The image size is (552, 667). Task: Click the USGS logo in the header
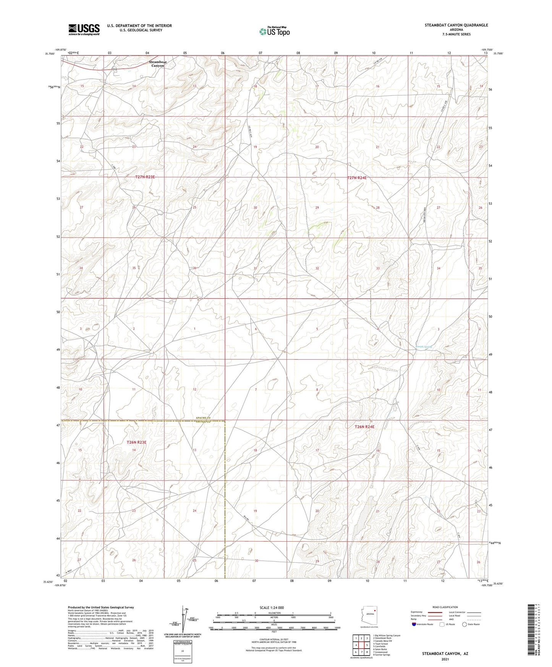pos(84,29)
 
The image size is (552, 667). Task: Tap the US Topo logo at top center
pos(274,31)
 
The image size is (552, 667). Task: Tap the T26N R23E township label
pos(136,442)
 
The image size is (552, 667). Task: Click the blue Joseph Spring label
pos(424,347)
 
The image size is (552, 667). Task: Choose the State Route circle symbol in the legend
pos(464,624)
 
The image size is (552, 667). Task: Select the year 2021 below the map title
pos(445,659)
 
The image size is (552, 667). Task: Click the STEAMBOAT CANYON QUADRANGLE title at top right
pos(456,25)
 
